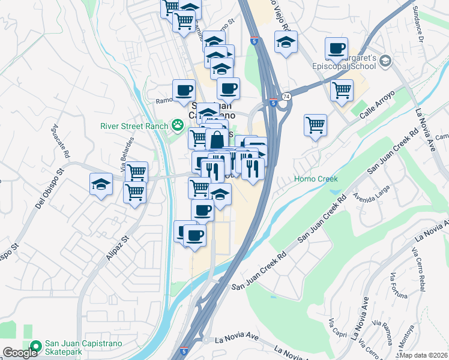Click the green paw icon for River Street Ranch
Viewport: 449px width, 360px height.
(x=177, y=125)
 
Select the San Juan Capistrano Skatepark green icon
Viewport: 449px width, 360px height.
(x=35, y=346)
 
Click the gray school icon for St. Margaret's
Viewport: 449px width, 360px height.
(x=385, y=61)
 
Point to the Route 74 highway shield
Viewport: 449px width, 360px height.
(x=286, y=97)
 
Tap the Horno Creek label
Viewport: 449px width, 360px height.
(x=316, y=179)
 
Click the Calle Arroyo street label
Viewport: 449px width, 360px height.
(x=378, y=103)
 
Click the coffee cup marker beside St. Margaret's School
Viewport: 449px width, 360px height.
(x=336, y=48)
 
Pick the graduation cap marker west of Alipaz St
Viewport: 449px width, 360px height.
(x=101, y=184)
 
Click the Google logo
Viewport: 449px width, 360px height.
(x=20, y=353)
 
